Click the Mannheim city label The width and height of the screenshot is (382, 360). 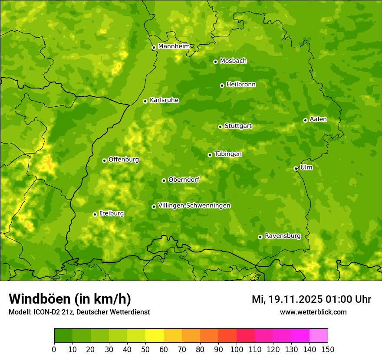pos(174,46)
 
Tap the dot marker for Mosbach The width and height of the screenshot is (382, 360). pos(215,62)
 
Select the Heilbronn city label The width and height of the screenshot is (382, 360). pos(241,84)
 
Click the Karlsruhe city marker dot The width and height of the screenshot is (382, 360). pos(145,101)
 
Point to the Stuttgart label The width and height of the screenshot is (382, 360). pos(238,126)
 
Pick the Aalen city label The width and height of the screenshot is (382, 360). pos(318,119)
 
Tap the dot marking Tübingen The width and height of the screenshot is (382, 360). pos(210,155)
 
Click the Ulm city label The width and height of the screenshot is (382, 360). pos(306,167)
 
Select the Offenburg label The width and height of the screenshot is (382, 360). pos(124,159)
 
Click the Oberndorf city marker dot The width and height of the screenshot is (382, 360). pos(164,180)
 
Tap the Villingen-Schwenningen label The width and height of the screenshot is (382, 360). pos(194,205)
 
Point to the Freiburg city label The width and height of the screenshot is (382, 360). pos(112,213)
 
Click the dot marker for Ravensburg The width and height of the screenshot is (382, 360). pos(260,237)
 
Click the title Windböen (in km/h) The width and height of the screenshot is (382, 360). pos(69,299)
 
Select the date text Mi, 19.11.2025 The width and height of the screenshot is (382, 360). pos(287,299)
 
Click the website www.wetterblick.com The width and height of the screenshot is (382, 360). pos(313,312)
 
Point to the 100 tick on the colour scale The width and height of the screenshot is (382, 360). pos(237,349)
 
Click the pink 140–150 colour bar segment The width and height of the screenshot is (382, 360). pos(319,336)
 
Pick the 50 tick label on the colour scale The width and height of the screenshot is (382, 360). pos(145,349)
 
